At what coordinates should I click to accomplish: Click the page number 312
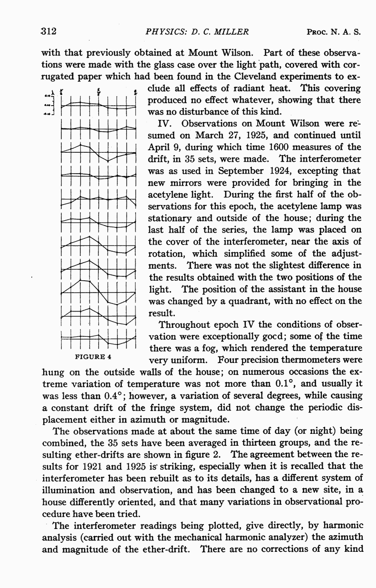coord(49,32)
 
